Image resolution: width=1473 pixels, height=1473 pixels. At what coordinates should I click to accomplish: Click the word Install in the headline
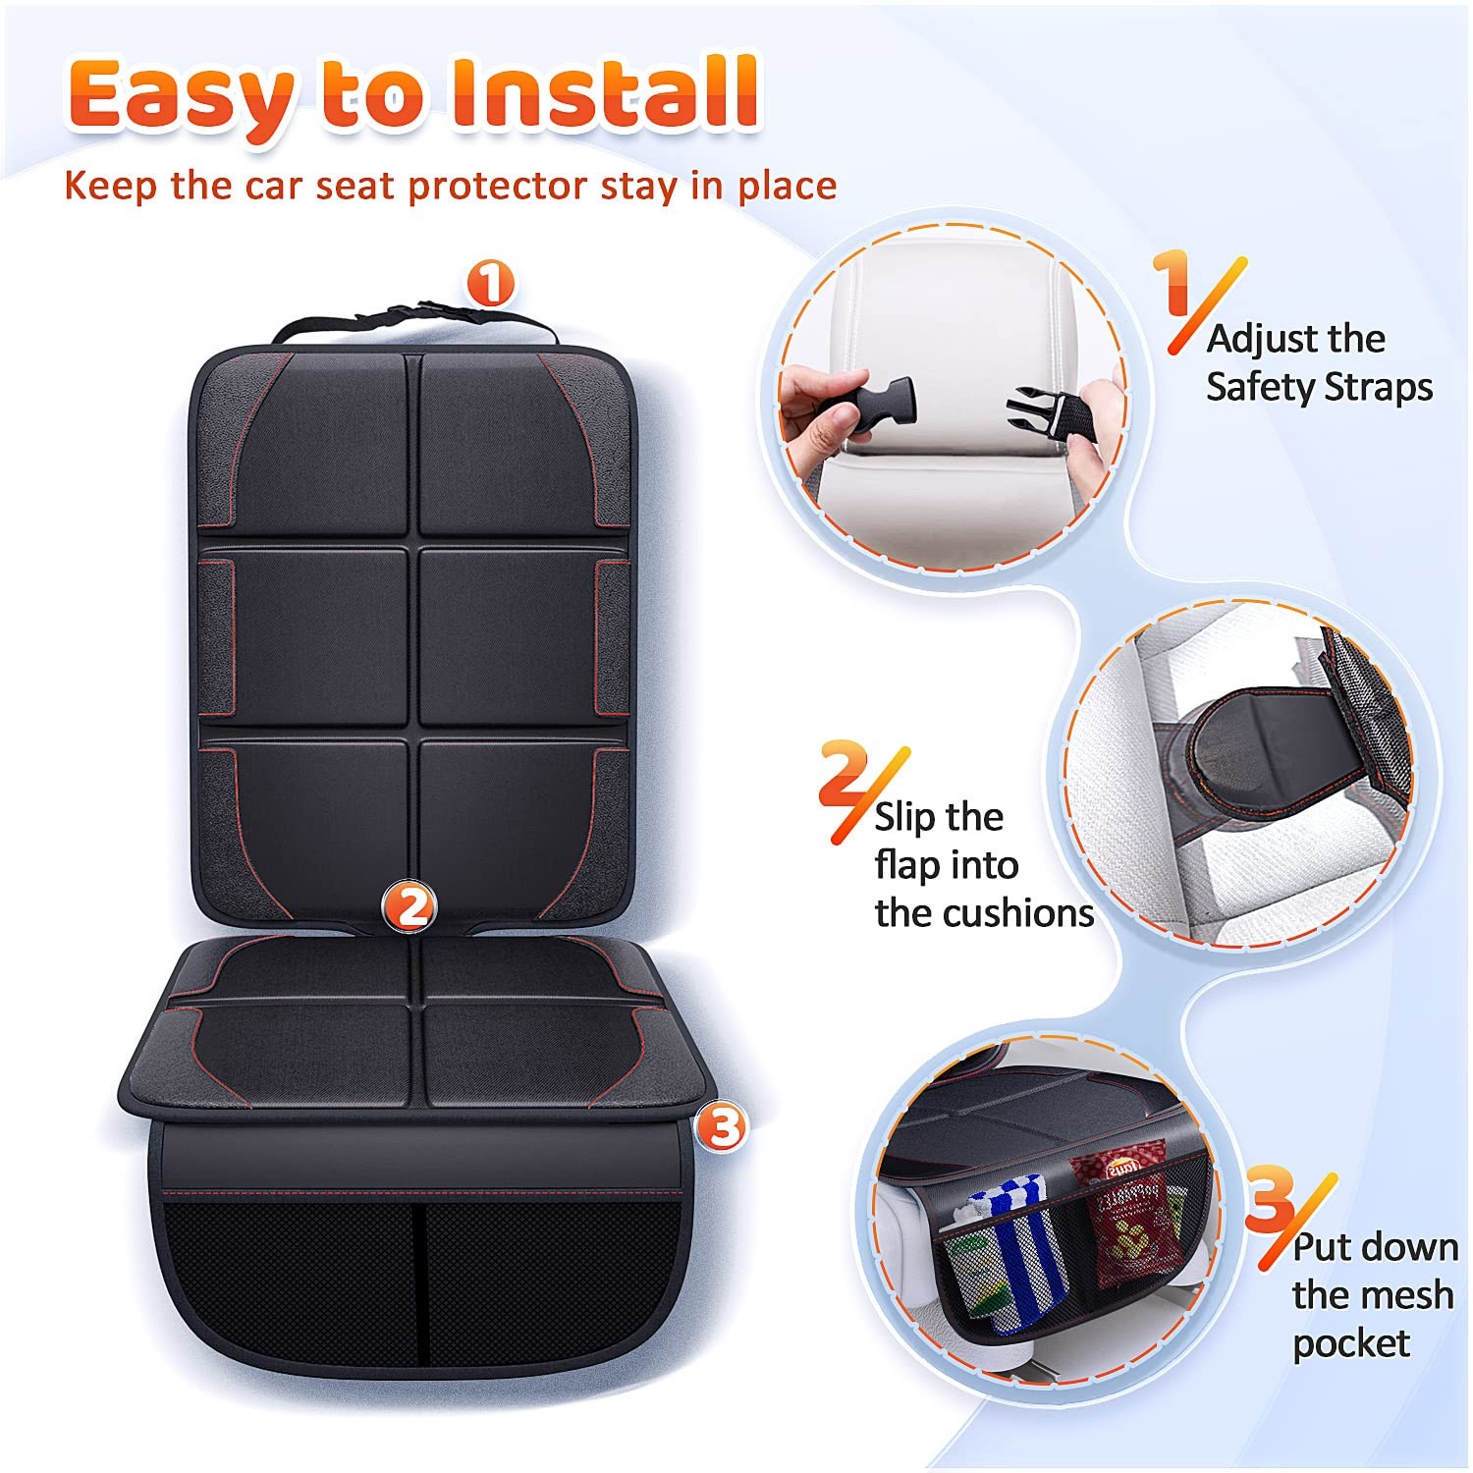606,94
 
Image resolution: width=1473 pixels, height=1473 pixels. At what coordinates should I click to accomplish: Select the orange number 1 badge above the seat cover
490,283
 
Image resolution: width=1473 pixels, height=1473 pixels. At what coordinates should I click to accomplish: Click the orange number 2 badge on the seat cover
409,907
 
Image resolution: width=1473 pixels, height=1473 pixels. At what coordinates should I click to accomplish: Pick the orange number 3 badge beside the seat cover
722,1128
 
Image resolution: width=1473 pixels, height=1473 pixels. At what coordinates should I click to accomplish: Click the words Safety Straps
1319,388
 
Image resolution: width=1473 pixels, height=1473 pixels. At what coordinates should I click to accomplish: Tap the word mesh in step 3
1405,1296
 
